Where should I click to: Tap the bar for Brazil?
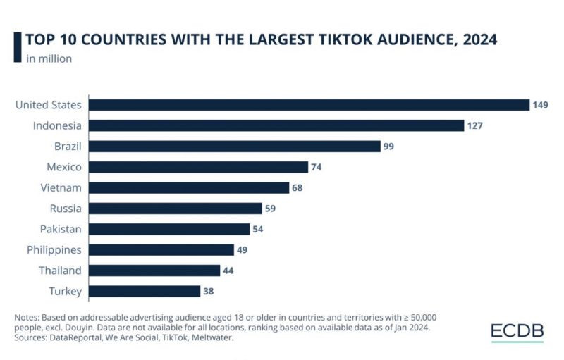pos(235,147)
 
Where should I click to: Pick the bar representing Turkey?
pos(145,291)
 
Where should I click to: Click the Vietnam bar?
pos(189,187)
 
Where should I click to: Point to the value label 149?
pos(541,105)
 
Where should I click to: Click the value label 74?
pos(319,167)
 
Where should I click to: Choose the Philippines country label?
pos(54,250)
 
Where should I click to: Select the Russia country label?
pos(66,209)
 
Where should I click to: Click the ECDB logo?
pos(517,332)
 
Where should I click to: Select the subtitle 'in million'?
pos(49,58)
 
